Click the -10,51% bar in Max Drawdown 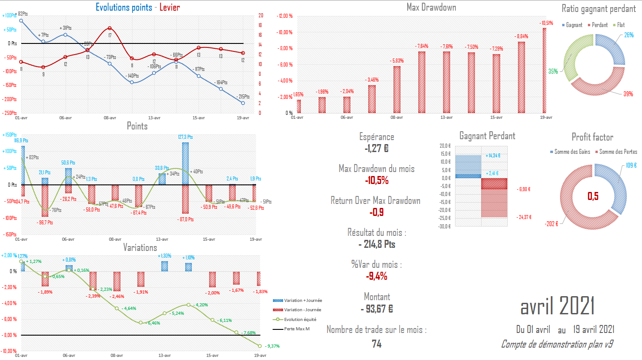545,70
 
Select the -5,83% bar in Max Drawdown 397,90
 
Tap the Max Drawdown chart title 431,8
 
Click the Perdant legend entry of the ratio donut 599,25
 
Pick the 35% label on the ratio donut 565,71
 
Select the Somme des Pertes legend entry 618,152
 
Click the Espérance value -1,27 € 376,149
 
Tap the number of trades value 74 376,344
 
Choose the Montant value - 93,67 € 376,309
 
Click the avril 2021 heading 557,305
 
